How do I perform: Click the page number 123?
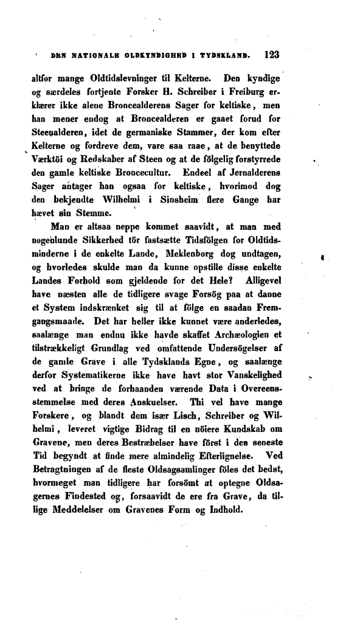(x=268, y=54)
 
